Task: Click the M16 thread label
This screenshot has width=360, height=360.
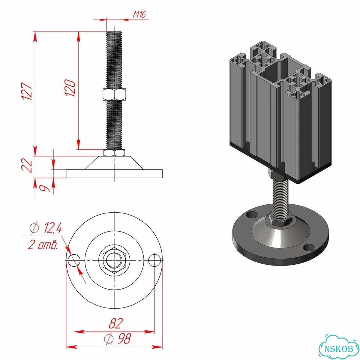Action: pyautogui.click(x=139, y=15)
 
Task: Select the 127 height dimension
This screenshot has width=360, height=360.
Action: pyautogui.click(x=27, y=91)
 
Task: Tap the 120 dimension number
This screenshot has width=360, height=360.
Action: pyautogui.click(x=70, y=88)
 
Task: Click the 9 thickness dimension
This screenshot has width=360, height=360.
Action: pyautogui.click(x=45, y=188)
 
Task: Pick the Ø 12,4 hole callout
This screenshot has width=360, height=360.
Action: pyautogui.click(x=45, y=228)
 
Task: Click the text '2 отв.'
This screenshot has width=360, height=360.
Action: pyautogui.click(x=42, y=245)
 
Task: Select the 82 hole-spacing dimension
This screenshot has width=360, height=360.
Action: pyautogui.click(x=116, y=323)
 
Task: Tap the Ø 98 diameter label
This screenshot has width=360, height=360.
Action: pyautogui.click(x=117, y=339)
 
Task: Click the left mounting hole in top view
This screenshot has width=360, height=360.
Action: pyautogui.click(x=74, y=260)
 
